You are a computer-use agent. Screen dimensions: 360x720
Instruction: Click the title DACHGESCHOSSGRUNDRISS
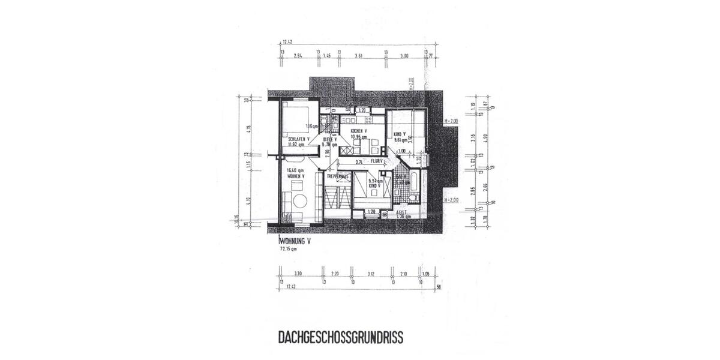(x=340, y=337)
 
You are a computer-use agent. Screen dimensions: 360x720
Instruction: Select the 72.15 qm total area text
(x=289, y=248)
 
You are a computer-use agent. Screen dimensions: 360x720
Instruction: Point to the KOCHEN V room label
(x=358, y=131)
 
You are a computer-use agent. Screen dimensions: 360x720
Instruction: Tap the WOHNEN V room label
(x=295, y=176)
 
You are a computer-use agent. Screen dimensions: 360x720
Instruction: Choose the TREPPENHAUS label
(x=338, y=176)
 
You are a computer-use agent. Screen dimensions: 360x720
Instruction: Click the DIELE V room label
(x=329, y=139)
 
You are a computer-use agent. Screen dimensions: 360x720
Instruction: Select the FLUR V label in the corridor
(x=377, y=161)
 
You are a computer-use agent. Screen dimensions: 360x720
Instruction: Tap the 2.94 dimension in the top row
(x=298, y=55)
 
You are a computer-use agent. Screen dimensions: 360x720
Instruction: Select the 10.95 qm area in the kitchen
(x=358, y=137)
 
